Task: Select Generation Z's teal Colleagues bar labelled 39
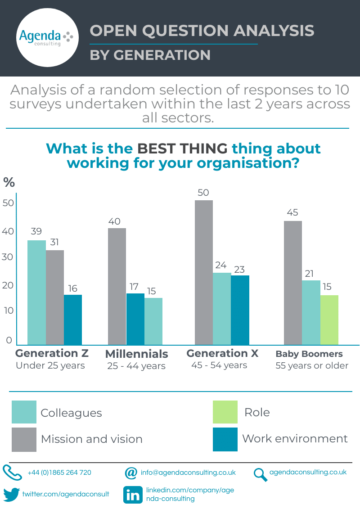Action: [x=37, y=293]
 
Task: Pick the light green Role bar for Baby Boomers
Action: [x=329, y=320]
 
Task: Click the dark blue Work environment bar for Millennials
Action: [x=135, y=319]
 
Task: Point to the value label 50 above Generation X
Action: [x=203, y=193]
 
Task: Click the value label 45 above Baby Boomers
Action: [x=292, y=213]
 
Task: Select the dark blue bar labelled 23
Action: [x=240, y=310]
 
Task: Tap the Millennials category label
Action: [x=136, y=354]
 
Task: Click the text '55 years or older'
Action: [x=312, y=365]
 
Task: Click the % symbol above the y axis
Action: [x=9, y=182]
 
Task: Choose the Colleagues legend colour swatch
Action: [x=24, y=412]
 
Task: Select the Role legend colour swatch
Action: [x=225, y=412]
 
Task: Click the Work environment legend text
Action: [x=295, y=438]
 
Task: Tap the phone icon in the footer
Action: [x=12, y=473]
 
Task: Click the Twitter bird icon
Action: [x=12, y=494]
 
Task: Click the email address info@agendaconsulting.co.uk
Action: [x=188, y=473]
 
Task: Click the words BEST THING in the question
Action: [x=182, y=148]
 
